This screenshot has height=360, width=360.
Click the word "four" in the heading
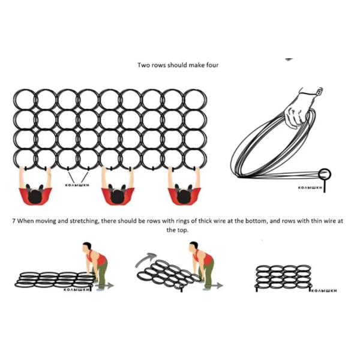click(x=212, y=64)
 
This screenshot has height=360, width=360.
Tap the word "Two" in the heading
click(x=144, y=64)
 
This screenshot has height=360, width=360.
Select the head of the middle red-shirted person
click(x=118, y=195)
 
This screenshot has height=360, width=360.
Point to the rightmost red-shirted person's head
click(x=184, y=195)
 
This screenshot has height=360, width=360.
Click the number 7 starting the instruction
click(x=13, y=221)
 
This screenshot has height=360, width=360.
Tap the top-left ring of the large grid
click(x=25, y=99)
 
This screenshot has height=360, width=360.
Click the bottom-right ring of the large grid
click(x=195, y=159)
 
